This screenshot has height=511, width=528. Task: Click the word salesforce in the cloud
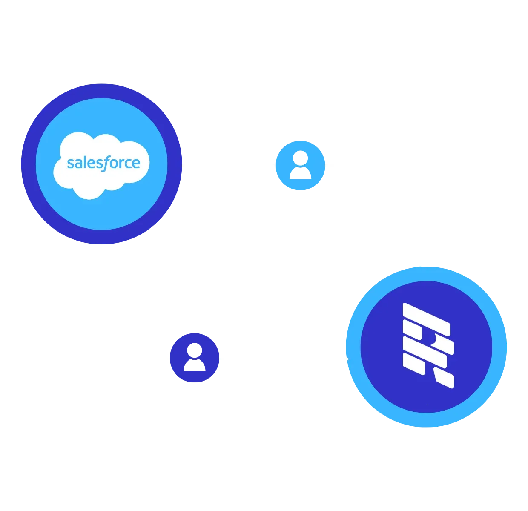pos(103,163)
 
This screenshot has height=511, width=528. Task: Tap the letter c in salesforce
pos(127,164)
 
